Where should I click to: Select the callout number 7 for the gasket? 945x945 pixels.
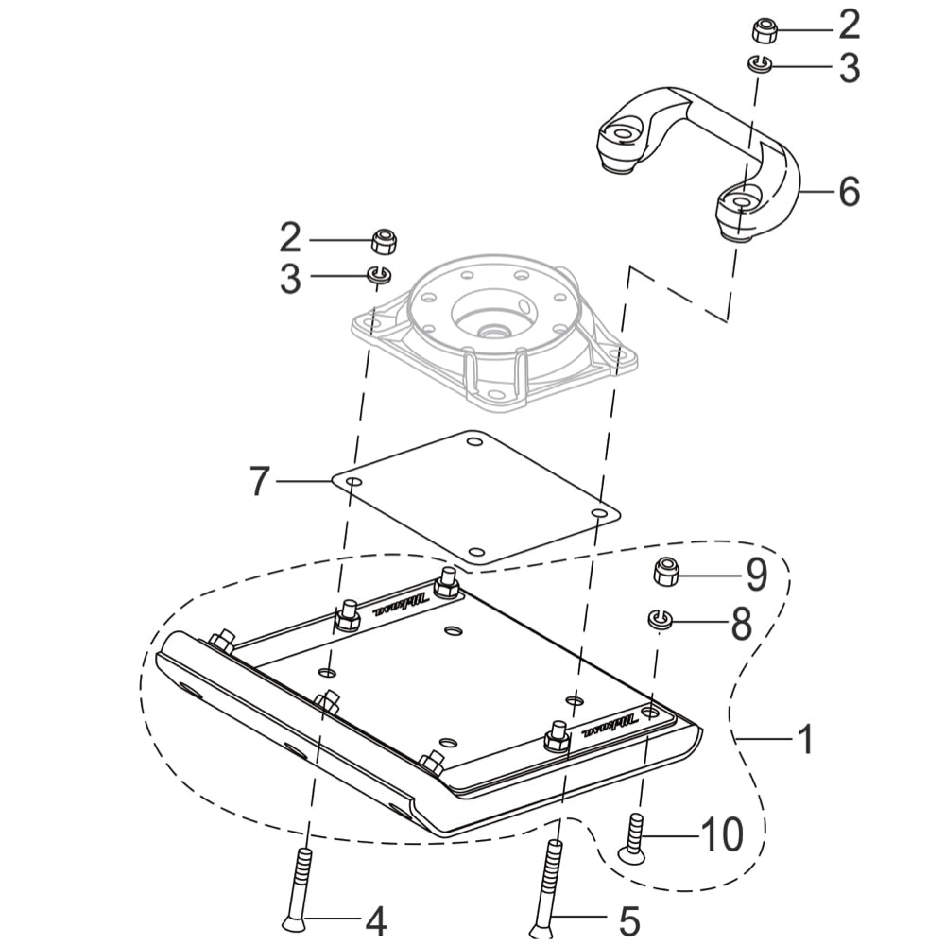click(x=259, y=481)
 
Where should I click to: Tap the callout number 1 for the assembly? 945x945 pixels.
click(x=805, y=739)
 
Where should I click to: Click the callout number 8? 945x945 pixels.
click(x=740, y=623)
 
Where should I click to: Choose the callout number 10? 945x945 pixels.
click(x=721, y=834)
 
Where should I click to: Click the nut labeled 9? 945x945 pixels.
click(x=667, y=572)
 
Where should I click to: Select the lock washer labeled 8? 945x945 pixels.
click(x=659, y=619)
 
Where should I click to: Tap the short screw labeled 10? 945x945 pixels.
click(x=633, y=837)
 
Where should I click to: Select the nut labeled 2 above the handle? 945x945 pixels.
click(x=764, y=29)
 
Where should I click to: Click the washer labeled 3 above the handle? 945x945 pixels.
click(x=760, y=64)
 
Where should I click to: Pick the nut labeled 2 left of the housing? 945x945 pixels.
click(x=383, y=240)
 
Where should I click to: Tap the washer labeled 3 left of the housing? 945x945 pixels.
click(x=380, y=275)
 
